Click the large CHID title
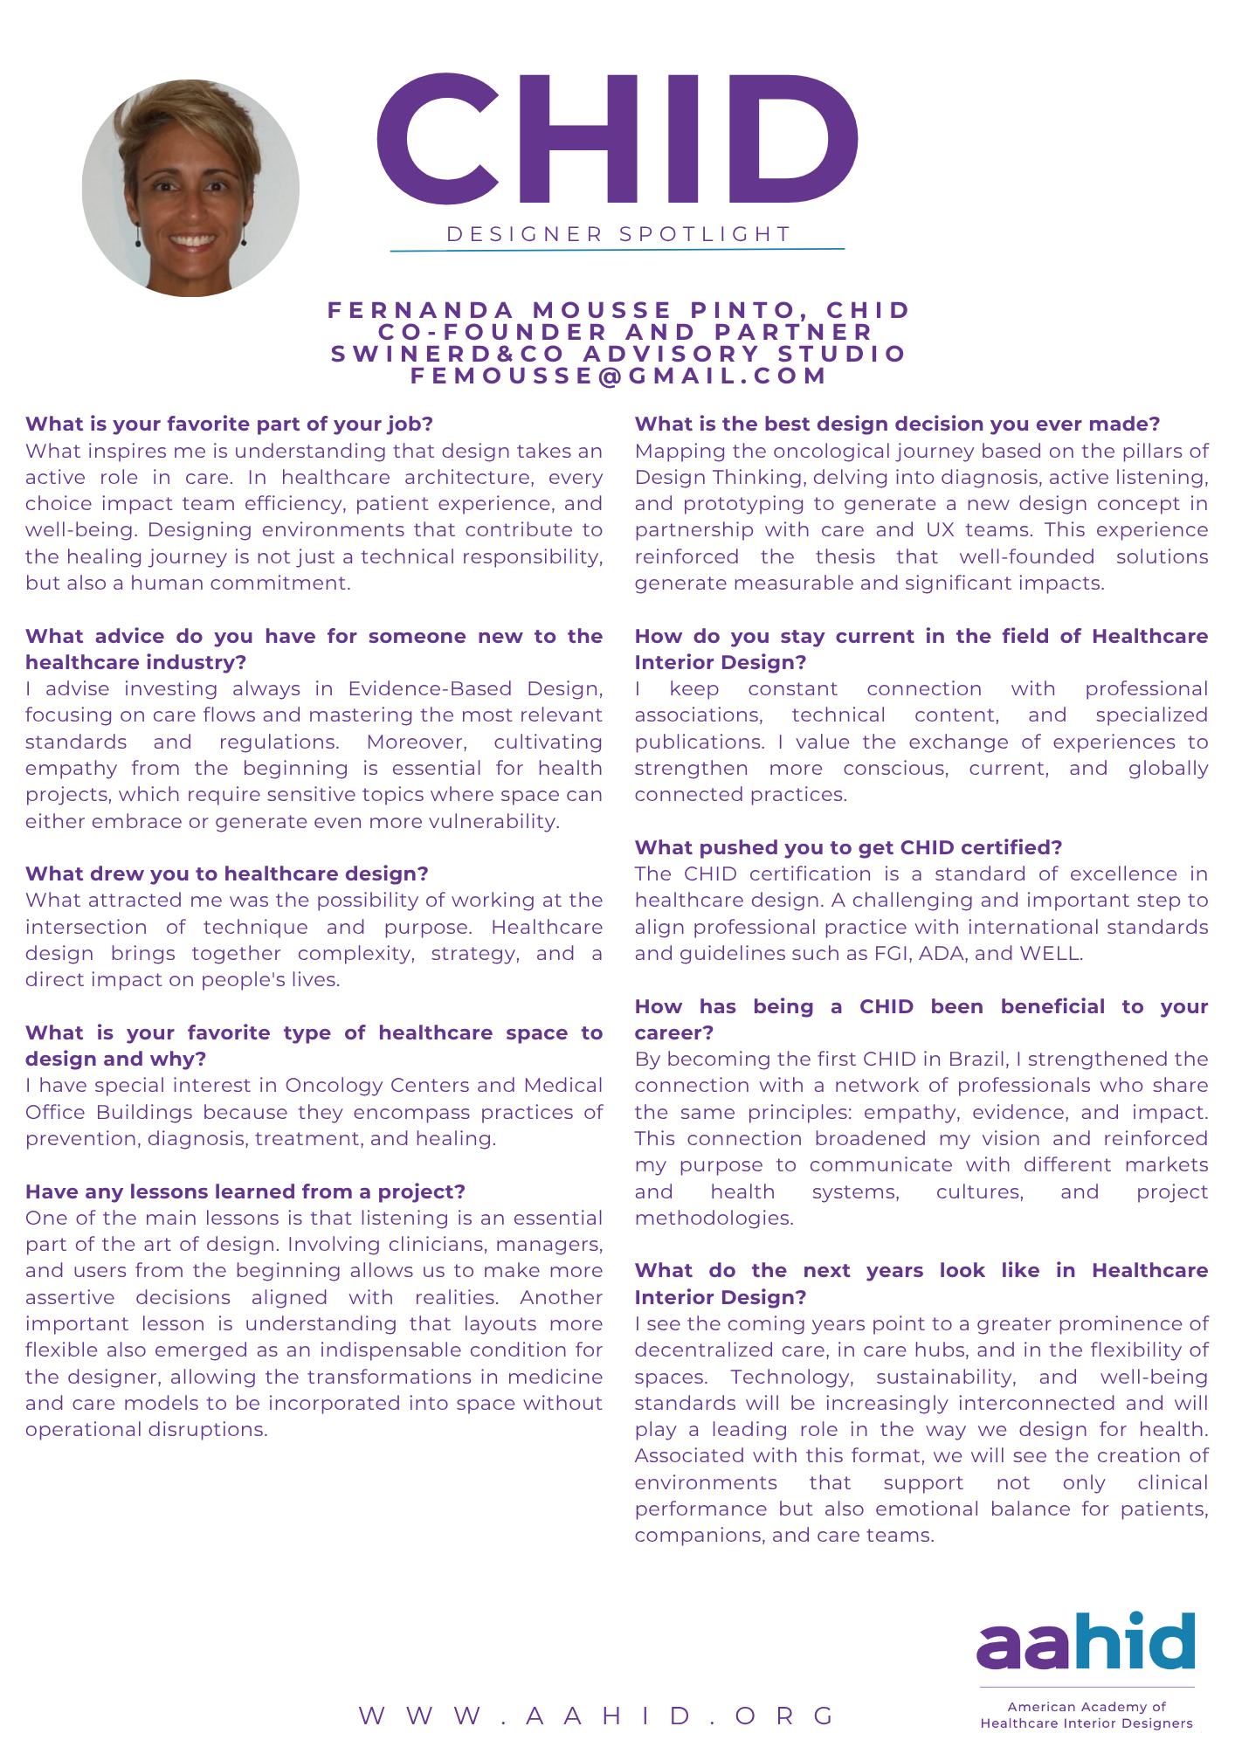coord(617,138)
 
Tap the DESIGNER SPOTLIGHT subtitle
coord(618,234)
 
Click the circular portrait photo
coord(190,189)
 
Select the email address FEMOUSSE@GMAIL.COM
coord(618,376)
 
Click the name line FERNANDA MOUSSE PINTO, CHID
coord(618,310)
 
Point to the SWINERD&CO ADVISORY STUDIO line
coord(618,354)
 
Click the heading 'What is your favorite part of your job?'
coord(229,424)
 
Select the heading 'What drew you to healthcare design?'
coord(227,873)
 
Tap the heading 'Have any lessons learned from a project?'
coord(245,1191)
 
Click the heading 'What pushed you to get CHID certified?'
coord(848,847)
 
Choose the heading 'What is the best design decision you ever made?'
coord(897,424)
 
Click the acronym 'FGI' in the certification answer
coord(892,953)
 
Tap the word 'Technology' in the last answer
coord(791,1377)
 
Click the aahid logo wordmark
coord(1086,1641)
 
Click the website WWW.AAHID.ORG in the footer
coord(597,1716)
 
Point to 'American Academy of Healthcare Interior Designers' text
coord(1086,1715)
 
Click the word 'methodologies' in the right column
coord(713,1218)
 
